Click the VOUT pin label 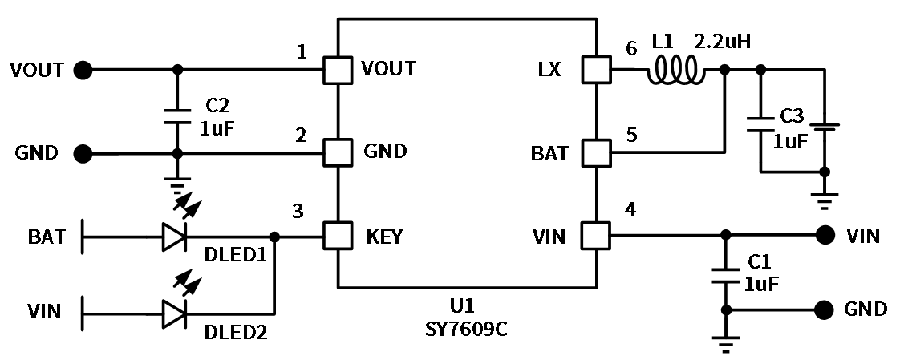pos(388,69)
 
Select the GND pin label pos(385,151)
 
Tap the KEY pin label pos(384,237)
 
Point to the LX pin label pos(549,70)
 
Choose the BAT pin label pos(549,153)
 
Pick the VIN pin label pos(549,237)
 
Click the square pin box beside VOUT pos(338,70)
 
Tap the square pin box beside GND pos(338,152)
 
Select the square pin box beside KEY pos(338,236)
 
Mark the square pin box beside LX pos(596,70)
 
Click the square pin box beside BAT pos(596,153)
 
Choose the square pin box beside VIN pos(595,236)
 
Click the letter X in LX pos(554,70)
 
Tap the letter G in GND pos(371,151)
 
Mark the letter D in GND pos(399,151)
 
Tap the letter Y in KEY pos(396,237)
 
